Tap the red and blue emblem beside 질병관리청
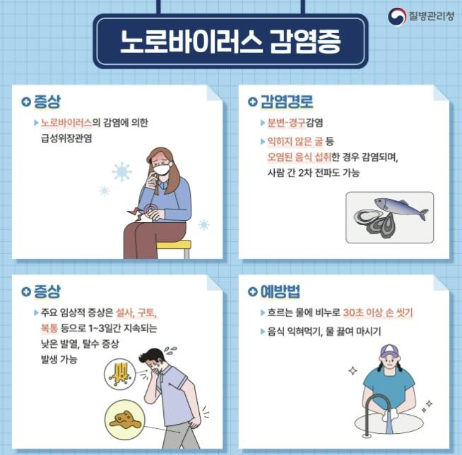point(396,16)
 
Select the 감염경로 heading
point(286,102)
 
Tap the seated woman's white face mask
point(162,169)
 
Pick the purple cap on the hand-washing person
point(389,351)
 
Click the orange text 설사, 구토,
point(139,313)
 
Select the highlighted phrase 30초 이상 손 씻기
point(377,313)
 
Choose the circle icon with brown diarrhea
point(124,419)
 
